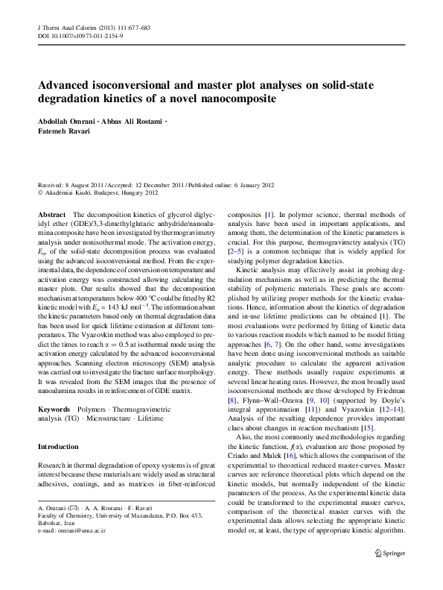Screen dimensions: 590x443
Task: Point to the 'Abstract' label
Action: [x=51, y=214]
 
